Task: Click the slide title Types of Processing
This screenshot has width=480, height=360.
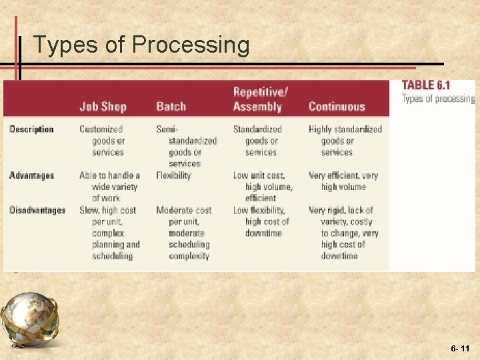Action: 141,45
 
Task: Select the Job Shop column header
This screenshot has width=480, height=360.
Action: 103,107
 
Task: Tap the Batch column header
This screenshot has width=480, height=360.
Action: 171,107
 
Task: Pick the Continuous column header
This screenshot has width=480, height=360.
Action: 337,107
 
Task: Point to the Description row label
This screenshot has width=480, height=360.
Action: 31,129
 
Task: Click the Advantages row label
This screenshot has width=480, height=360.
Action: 31,176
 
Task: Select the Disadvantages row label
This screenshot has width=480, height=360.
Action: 37,211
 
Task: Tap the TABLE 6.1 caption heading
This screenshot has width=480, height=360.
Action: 426,85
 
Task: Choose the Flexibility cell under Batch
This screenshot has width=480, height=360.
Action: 173,176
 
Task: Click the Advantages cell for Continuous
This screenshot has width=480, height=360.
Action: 343,181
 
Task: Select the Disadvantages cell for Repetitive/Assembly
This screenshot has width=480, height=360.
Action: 261,221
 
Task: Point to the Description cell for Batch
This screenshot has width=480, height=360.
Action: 187,146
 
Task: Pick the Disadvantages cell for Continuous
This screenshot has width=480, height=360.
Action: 343,233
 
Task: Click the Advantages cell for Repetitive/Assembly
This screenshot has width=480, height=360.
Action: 263,187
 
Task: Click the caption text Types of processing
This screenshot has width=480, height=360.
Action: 438,99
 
